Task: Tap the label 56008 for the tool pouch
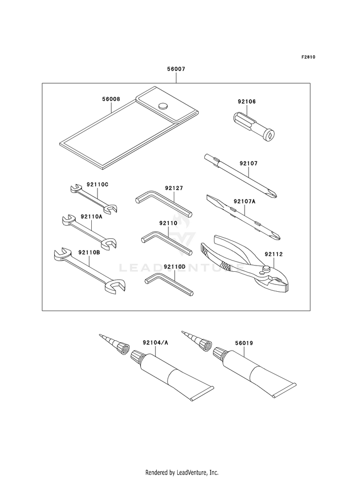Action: [x=111, y=99]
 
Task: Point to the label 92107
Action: [x=248, y=164]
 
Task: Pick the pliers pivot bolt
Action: [x=266, y=268]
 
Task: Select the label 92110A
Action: [x=91, y=217]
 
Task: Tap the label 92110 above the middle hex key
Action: [x=166, y=223]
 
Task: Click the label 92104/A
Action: [x=155, y=343]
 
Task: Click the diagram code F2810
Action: [x=308, y=57]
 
